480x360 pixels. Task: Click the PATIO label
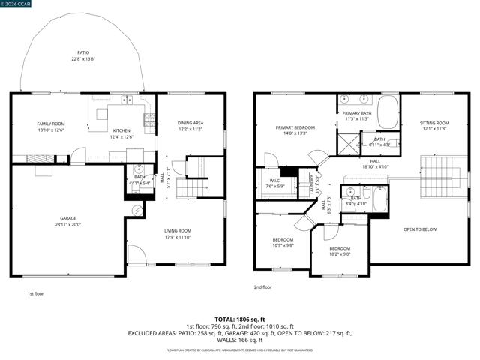[82, 53]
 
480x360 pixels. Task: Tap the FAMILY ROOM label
[51, 124]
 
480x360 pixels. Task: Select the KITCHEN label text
[121, 130]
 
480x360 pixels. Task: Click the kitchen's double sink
[121, 99]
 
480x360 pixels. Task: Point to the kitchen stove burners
[149, 118]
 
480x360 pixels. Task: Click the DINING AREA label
[190, 123]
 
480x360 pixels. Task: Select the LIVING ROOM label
[178, 231]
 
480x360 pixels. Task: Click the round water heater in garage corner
[135, 211]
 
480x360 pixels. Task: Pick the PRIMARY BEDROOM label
[295, 128]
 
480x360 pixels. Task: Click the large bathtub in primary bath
[388, 113]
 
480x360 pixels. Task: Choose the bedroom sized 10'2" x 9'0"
[339, 250]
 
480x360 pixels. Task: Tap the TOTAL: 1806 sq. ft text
[240, 319]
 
